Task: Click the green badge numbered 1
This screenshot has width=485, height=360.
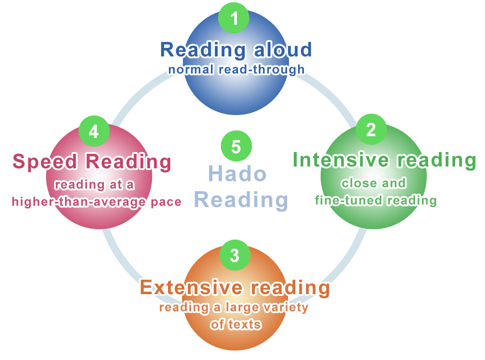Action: point(233,18)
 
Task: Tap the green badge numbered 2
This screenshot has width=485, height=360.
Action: point(371,129)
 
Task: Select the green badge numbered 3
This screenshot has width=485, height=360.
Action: point(235,255)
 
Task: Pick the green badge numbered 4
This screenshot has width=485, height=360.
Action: point(94,131)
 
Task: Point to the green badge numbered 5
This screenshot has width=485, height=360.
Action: point(236,146)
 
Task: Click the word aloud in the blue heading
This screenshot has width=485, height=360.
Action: point(283,50)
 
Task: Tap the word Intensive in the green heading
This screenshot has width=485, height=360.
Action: point(340,160)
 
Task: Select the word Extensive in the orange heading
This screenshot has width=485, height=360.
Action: point(191,287)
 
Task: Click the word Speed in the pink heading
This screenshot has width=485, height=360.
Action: point(45,162)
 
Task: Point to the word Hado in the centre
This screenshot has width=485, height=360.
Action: point(237,173)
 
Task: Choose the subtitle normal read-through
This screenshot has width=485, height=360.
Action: point(236,69)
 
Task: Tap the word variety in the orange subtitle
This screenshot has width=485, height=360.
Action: point(285,307)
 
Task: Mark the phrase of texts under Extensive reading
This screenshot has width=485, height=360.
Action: point(236,324)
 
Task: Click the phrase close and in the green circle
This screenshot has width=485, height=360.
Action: point(373,183)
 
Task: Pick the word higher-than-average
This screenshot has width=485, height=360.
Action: point(79,202)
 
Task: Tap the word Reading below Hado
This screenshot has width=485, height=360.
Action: point(241,199)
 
